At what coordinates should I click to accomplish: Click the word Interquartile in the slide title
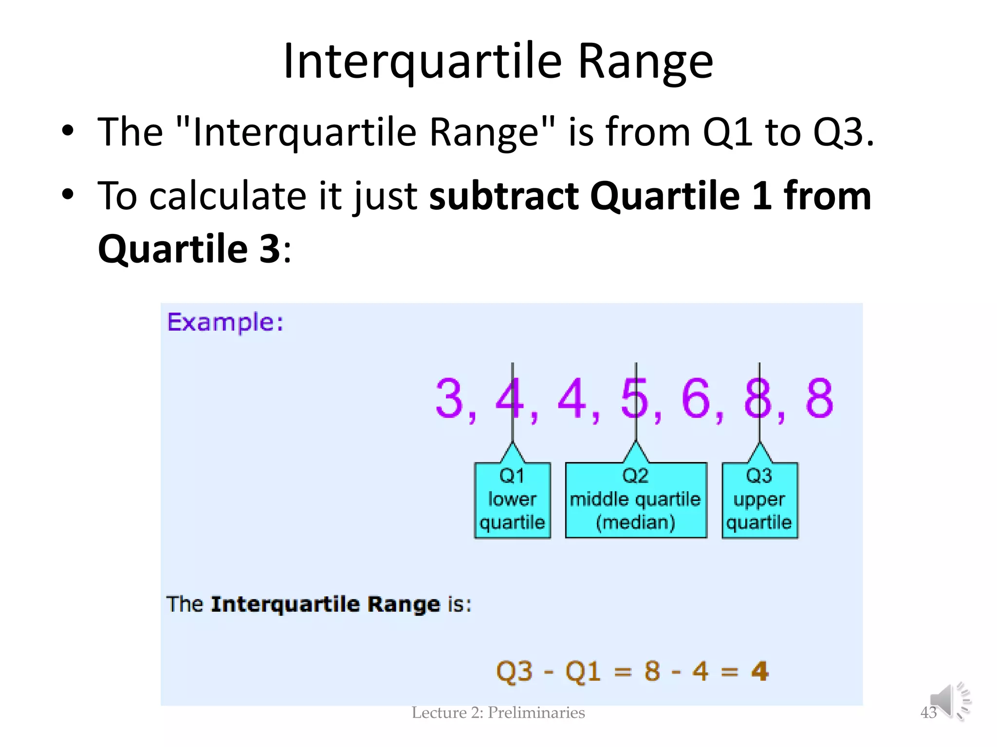pos(423,62)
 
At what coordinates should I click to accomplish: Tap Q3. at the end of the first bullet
pos(843,132)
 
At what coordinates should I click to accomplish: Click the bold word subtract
pos(503,196)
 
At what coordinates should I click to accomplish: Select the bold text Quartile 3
pos(189,249)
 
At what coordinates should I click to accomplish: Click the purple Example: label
pos(225,322)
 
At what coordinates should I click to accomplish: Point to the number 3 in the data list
pos(449,399)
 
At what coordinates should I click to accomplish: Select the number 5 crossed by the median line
pos(635,399)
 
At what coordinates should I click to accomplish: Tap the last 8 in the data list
pos(819,399)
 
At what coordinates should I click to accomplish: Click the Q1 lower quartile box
pos(512,500)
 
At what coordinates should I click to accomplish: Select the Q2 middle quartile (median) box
pos(635,500)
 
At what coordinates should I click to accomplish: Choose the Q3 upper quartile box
pos(759,500)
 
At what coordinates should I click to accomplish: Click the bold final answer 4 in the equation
pos(759,672)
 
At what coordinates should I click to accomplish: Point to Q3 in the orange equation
pos(514,672)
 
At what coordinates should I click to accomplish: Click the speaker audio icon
pos(950,701)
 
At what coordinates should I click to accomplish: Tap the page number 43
pos(928,713)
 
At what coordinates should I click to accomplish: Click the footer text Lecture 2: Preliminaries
pos(498,713)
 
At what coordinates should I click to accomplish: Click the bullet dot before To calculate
pos(68,195)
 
